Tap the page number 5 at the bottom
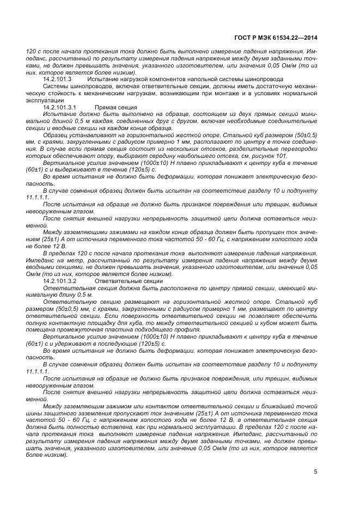click(315, 471)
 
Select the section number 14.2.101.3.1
click(60, 108)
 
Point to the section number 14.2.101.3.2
click(60, 281)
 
